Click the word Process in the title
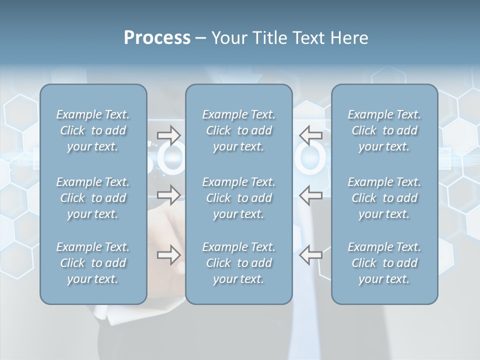[157, 38]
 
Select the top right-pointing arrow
[169, 134]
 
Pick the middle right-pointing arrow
[169, 195]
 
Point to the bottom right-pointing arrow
[169, 255]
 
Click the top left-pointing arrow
[311, 134]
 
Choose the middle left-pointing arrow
[311, 195]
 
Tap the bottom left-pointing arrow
[311, 255]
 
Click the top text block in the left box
[93, 130]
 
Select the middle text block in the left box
[93, 198]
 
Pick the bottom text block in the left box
[93, 263]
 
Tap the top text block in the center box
[239, 130]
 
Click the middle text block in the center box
[239, 198]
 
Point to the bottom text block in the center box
[239, 263]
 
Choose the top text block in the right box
[384, 130]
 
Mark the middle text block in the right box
[384, 198]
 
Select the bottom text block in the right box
[384, 263]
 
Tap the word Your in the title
[229, 38]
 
